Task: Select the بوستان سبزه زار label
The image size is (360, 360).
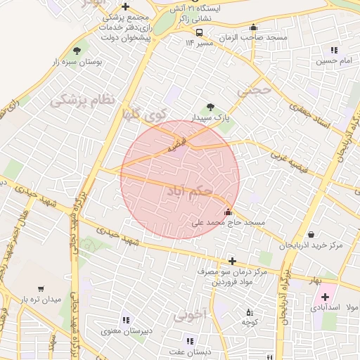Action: pos(77,63)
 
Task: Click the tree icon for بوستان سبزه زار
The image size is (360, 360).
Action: pos(77,51)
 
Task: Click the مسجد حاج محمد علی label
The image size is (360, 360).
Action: pos(229,223)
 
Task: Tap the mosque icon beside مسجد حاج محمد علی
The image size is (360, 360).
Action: pos(227,212)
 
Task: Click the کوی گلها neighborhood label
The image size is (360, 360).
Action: pos(143,113)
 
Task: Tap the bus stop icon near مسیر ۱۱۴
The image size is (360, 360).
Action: pos(200,32)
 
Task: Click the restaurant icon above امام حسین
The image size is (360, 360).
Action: pos(333,50)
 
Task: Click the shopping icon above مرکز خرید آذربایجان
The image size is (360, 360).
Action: pos(311,235)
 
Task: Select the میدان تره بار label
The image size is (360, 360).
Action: pos(40,300)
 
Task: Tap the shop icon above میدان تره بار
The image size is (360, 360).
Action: pos(40,288)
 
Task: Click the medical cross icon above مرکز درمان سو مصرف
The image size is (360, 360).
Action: pos(232,261)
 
